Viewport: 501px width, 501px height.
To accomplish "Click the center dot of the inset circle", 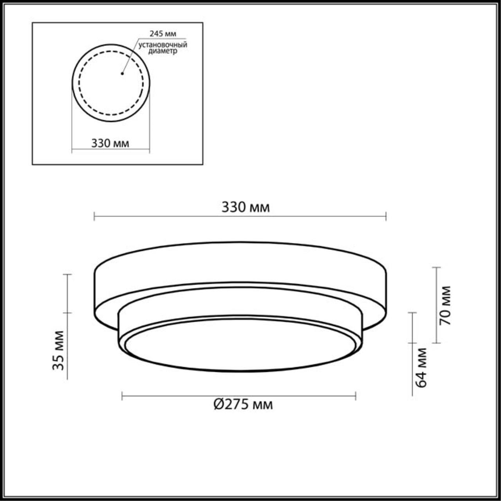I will point(122,74).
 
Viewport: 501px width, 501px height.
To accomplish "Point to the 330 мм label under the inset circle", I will point(110,143).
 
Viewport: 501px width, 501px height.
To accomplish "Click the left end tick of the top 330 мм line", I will point(95,216).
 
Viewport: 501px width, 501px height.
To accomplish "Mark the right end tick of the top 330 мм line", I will point(386,216).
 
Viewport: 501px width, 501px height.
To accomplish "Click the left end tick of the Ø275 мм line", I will point(123,396).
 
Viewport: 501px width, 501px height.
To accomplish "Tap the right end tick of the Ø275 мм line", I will point(356,396).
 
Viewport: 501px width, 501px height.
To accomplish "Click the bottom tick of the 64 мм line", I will point(412,395).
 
